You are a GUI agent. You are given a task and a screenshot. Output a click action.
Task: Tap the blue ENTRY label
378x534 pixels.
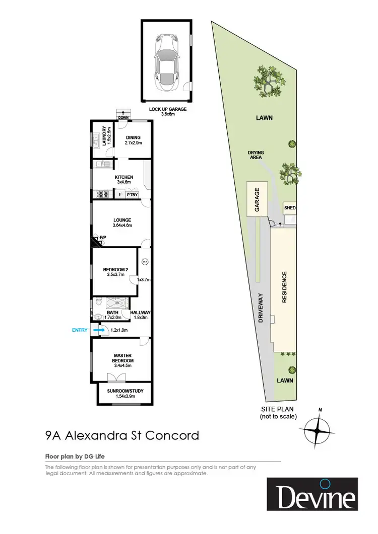[80, 330]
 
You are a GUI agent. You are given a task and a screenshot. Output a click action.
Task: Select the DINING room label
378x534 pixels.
[133, 137]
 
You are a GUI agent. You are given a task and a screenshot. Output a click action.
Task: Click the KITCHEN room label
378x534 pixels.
[124, 177]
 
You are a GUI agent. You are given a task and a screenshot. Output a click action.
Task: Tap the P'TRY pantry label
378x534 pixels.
[133, 194]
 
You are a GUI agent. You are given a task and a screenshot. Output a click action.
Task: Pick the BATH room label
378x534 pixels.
[113, 313]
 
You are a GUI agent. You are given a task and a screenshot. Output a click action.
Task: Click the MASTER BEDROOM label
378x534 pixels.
[122, 358]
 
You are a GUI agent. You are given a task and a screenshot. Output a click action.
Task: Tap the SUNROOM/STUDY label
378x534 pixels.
[122, 390]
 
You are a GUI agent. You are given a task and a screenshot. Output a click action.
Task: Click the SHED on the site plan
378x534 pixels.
[290, 208]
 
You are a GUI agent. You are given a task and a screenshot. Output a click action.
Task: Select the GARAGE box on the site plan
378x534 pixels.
[257, 200]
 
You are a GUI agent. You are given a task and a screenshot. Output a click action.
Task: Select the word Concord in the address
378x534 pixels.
[172, 435]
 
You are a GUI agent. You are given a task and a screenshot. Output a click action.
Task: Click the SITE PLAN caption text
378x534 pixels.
[277, 409]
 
